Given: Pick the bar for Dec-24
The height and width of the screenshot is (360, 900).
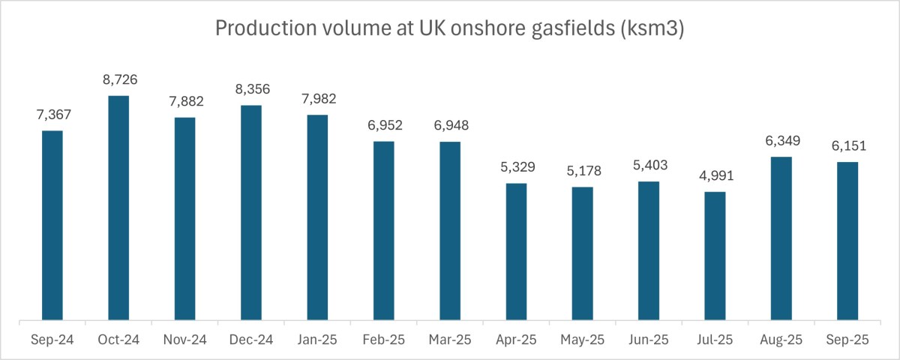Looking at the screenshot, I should point(251,213).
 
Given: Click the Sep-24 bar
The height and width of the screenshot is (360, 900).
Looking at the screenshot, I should point(52,226).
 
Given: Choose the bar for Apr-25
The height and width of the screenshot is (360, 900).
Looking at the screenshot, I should point(516,252).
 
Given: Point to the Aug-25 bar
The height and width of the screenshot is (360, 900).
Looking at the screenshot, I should point(781,239).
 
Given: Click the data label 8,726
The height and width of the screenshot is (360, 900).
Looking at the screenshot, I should point(118,79).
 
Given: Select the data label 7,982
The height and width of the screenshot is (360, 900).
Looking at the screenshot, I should point(317,98).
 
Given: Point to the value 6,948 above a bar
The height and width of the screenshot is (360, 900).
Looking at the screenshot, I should point(450,125).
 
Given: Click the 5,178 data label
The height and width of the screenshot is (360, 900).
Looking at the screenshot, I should point(582,171).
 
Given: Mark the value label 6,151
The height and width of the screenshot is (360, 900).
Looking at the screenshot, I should point(847,146).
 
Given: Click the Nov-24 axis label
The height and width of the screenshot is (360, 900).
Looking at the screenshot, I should point(184,340).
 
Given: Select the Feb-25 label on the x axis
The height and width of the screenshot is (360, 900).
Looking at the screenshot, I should point(383,340).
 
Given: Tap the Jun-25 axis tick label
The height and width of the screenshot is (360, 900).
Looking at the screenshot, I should point(649,340).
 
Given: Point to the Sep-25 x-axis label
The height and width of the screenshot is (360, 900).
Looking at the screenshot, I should point(847,340).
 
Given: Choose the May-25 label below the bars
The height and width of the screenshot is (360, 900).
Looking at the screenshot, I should point(582,340).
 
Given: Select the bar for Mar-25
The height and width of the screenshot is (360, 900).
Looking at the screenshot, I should point(450,232).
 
